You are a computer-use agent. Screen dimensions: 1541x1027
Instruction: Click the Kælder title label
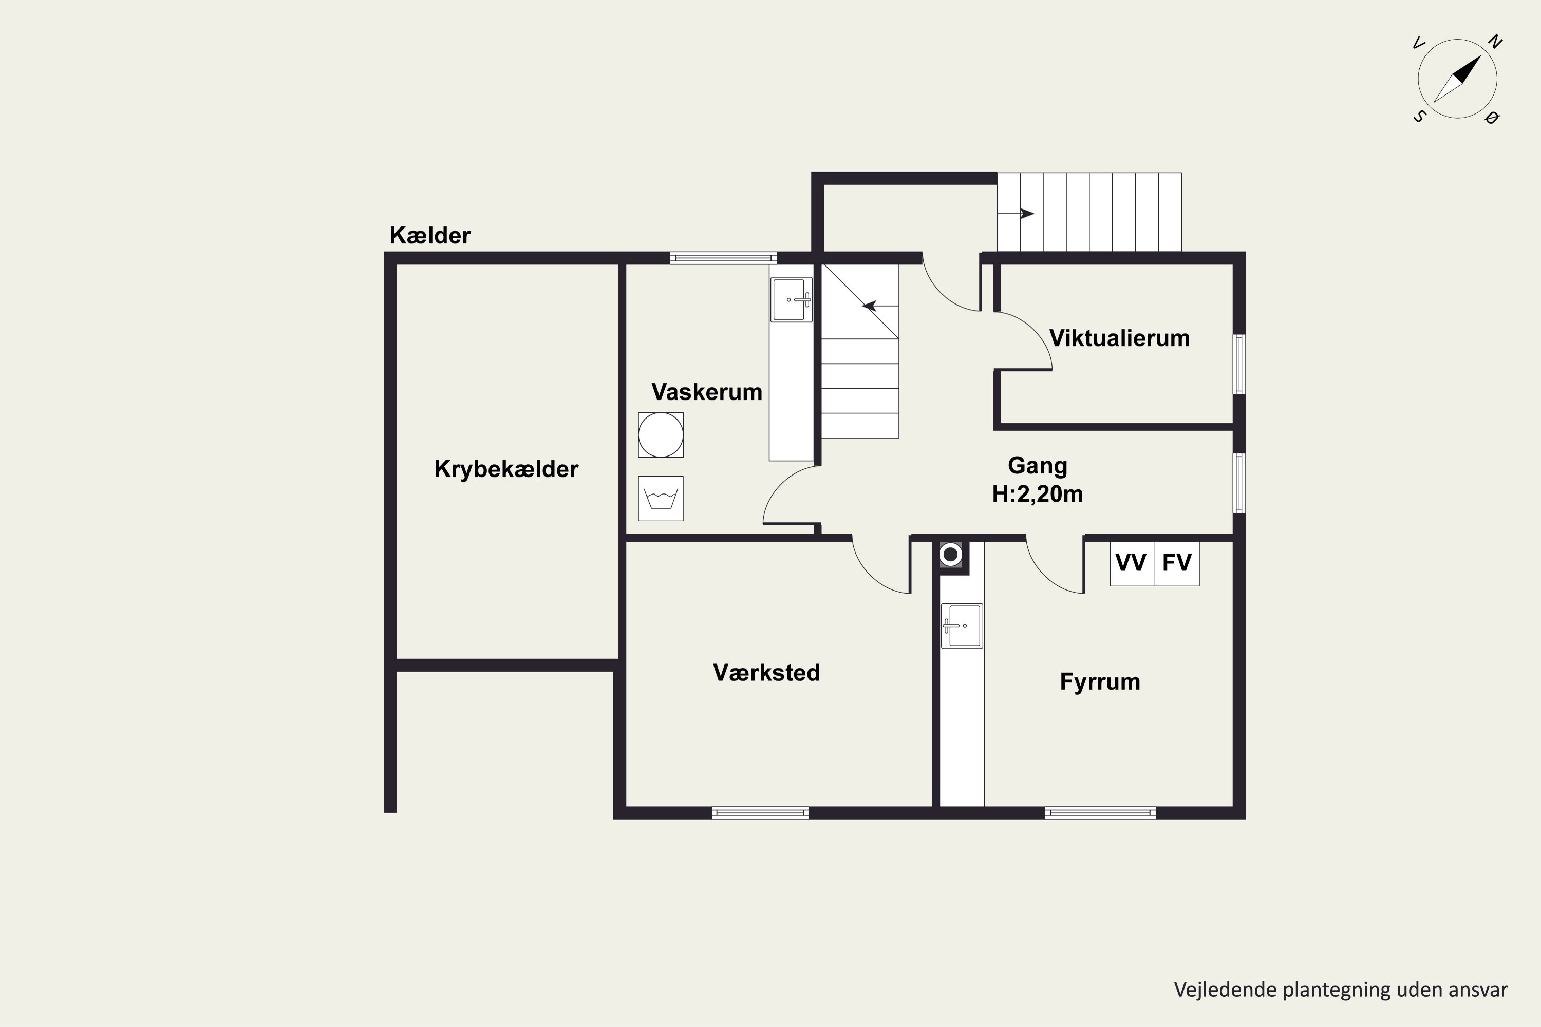(x=430, y=235)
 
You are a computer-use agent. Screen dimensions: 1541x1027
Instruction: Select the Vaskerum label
(x=707, y=392)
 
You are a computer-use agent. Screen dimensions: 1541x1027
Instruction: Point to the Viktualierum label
(x=1120, y=338)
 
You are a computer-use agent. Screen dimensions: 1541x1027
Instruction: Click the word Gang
(x=1038, y=466)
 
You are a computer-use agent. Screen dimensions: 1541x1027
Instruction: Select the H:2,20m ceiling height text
(x=1038, y=494)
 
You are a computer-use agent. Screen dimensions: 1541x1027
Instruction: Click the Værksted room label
(x=766, y=673)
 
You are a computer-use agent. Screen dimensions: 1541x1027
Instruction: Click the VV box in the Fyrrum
(x=1132, y=563)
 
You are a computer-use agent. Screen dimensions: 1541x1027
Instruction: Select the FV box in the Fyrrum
(x=1177, y=563)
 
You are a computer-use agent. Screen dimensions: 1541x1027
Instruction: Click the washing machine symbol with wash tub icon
(x=661, y=499)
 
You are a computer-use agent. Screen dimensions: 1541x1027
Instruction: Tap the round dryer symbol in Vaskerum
(x=661, y=435)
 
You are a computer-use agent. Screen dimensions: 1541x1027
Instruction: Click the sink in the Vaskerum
(x=792, y=300)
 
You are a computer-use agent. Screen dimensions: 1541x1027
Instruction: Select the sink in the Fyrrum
(x=962, y=626)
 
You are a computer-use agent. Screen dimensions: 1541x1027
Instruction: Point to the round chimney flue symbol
(x=951, y=555)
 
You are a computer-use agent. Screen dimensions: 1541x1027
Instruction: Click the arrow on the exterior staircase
(x=1016, y=214)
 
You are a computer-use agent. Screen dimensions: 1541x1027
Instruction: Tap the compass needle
(x=1457, y=79)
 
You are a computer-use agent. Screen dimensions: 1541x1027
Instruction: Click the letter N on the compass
(x=1494, y=43)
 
